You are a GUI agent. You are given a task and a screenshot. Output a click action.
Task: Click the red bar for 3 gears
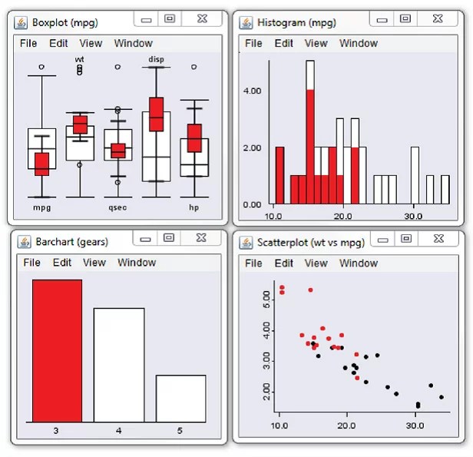pyautogui.click(x=57, y=350)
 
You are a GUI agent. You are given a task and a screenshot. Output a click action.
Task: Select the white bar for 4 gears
pyautogui.click(x=118, y=365)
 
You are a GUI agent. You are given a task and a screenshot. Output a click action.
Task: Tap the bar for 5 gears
pyautogui.click(x=180, y=398)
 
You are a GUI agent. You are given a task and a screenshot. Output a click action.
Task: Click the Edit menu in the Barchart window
pyautogui.click(x=62, y=263)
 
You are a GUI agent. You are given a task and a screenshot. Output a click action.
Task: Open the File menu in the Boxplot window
pyautogui.click(x=28, y=44)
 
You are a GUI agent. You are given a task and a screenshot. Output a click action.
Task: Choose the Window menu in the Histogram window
pyautogui.click(x=359, y=44)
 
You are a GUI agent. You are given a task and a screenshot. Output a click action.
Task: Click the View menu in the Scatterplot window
pyautogui.click(x=316, y=263)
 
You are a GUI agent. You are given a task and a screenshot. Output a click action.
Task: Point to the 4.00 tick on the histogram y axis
pyautogui.click(x=252, y=91)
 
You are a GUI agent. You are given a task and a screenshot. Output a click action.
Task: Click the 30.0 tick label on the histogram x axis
pyautogui.click(x=413, y=216)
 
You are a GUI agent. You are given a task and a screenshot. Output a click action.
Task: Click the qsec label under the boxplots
pyautogui.click(x=117, y=207)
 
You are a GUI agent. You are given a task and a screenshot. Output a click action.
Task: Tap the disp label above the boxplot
pyautogui.click(x=156, y=59)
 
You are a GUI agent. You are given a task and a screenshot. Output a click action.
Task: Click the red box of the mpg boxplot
pyautogui.click(x=41, y=164)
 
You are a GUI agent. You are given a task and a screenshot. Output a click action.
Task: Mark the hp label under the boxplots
pyautogui.click(x=194, y=207)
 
